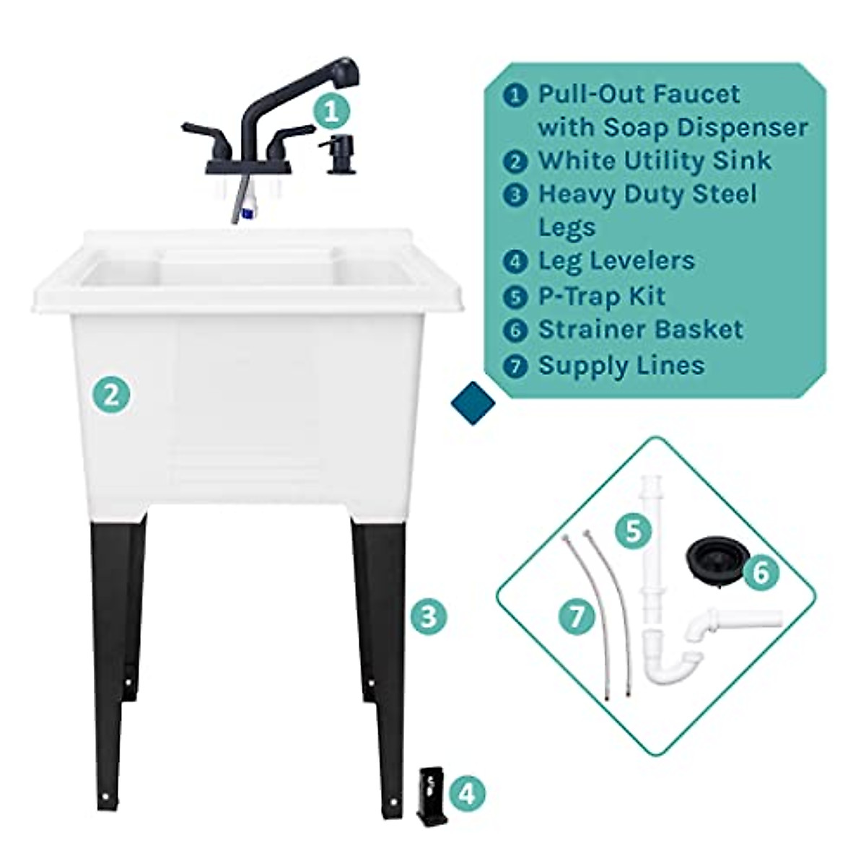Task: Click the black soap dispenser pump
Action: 335,153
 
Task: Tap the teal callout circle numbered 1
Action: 331,112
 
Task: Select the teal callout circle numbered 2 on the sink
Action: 110,395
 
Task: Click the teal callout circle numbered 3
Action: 429,617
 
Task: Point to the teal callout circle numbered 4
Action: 467,795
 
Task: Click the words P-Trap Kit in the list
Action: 601,296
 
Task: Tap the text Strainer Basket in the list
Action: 640,330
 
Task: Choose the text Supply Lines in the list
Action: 621,364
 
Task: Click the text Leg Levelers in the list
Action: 616,261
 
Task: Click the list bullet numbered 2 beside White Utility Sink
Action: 515,161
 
